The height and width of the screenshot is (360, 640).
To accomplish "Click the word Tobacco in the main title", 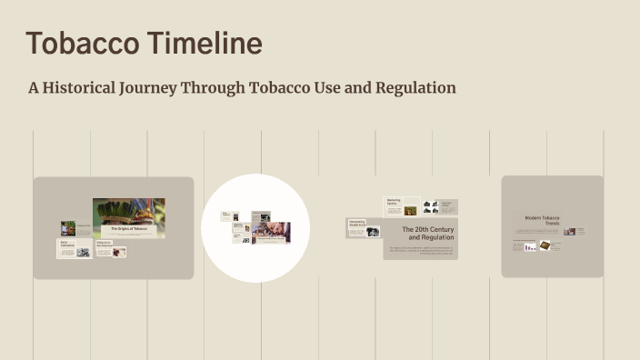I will pos(82,43).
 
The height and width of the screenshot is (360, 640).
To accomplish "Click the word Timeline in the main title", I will pos(204,43).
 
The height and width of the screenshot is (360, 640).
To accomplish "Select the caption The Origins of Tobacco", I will pos(128,229).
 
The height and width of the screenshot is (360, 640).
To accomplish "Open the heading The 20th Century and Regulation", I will pos(427,234).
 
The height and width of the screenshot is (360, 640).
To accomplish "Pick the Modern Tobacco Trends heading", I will pos(542,221).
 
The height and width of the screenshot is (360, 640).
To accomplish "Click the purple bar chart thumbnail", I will pos(530,245).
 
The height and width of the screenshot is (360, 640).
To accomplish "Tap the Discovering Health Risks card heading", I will pos(356,224).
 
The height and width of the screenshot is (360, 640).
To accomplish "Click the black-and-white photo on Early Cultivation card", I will pos(83,252).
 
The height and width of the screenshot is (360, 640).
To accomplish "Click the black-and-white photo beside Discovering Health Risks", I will pos(373,232).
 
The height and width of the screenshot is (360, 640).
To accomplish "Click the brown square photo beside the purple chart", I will pos(545,245).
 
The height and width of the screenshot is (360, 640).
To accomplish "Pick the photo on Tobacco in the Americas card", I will pos(118,252).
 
